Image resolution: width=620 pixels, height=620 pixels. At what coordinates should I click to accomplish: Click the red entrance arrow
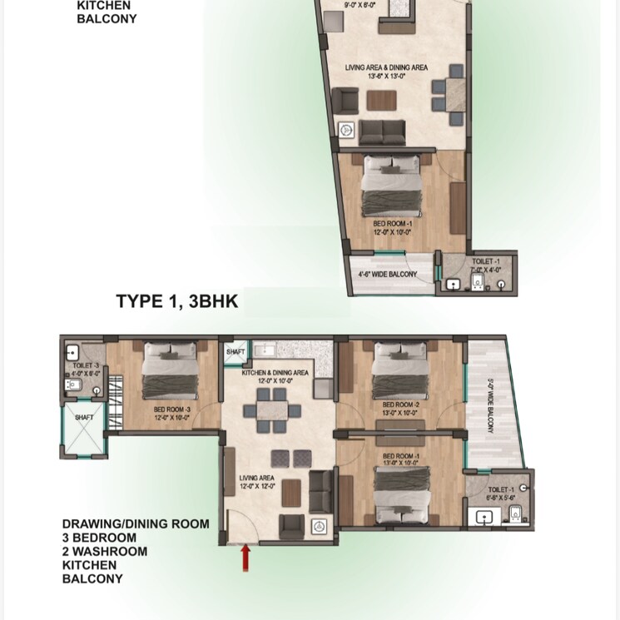(x=246, y=558)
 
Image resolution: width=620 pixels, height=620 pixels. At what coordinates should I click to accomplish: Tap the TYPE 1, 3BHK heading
(x=176, y=302)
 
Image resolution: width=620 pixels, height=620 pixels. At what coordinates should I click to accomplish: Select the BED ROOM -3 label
(x=171, y=409)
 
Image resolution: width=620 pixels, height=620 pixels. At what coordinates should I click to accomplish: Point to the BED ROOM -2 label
(x=399, y=405)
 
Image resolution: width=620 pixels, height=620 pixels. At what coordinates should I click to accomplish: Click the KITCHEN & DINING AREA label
(x=275, y=374)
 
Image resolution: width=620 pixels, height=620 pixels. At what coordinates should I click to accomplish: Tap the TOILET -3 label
(x=86, y=365)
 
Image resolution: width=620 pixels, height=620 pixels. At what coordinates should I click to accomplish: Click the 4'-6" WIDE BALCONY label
(x=387, y=274)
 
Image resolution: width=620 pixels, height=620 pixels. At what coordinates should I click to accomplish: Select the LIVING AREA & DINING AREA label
(x=387, y=67)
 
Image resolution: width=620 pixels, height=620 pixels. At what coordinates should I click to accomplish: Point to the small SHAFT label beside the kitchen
(x=235, y=353)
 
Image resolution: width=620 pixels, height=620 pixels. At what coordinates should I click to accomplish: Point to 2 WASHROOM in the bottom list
(x=105, y=551)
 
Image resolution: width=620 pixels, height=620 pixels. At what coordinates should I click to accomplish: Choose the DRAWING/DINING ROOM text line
(x=135, y=524)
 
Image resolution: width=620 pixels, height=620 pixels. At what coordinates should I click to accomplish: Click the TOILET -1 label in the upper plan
(x=487, y=261)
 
